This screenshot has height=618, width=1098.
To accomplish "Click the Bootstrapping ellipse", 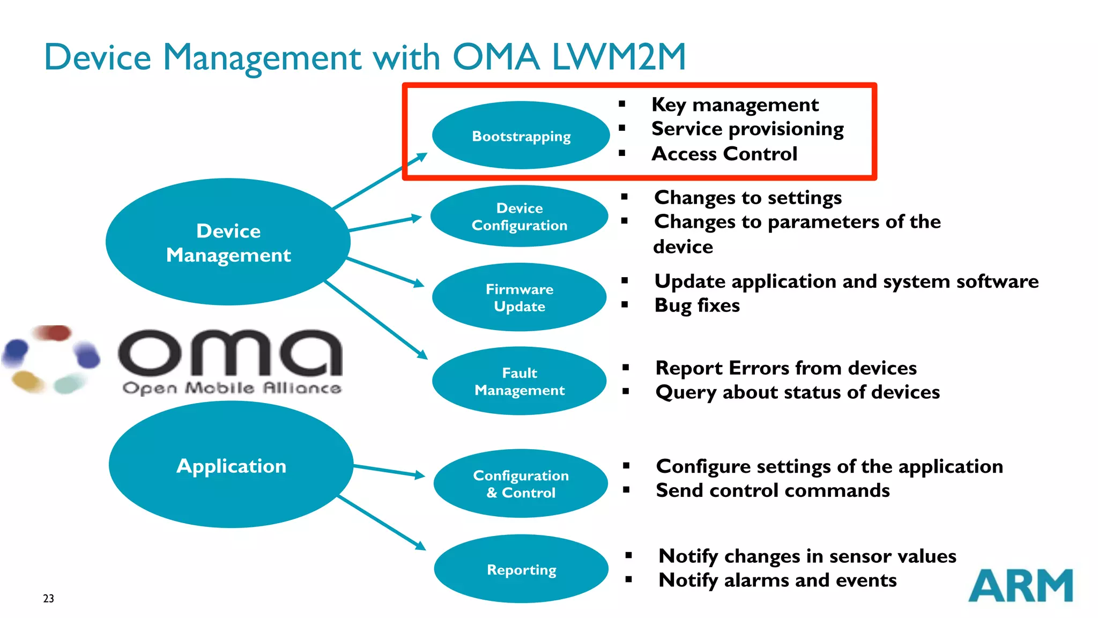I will (521, 136).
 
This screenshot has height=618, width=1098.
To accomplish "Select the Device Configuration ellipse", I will (519, 217).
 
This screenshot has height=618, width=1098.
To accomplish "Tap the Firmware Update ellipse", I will (519, 297).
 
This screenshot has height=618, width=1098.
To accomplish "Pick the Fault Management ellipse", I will (519, 381).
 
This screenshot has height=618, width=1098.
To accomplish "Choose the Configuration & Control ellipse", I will (521, 483).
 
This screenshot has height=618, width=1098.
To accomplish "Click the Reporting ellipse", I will (521, 569).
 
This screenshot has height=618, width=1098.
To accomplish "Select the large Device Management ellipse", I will (228, 242).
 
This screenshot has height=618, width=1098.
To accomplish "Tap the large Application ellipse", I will (231, 465).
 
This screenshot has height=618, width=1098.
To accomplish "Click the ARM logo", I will (1020, 585).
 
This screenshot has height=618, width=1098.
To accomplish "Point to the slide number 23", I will (48, 598).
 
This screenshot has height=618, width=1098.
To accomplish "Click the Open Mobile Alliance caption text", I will (232, 388).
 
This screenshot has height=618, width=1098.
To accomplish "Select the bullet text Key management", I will (735, 105).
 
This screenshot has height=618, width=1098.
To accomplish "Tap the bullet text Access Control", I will (724, 154).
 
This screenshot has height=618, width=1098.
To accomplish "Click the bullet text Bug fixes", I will (697, 306).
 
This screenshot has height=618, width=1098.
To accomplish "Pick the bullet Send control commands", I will (772, 490).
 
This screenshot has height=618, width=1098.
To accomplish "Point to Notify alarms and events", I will (777, 580).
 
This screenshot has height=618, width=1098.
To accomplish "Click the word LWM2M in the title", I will (619, 57).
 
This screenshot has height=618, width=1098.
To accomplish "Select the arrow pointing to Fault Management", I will (375, 319).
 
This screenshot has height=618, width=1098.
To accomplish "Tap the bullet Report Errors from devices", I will (785, 368).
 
